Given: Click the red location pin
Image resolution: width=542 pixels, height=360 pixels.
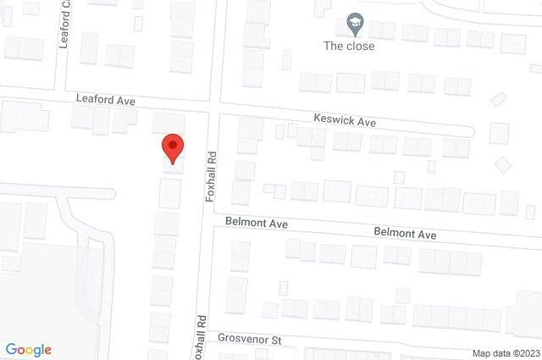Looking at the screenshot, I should click(173, 147).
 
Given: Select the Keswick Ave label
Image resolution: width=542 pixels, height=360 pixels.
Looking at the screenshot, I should click(344, 122).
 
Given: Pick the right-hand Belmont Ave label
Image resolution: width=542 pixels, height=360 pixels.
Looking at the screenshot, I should click(405, 233).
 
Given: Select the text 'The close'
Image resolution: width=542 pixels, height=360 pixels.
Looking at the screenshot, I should click(349, 46).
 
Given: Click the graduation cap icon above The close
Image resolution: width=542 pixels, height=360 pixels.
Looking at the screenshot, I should click(355, 25).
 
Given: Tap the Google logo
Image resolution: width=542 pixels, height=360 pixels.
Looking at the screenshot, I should click(28, 350).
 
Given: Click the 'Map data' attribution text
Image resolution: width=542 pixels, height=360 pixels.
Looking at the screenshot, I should click(492, 353).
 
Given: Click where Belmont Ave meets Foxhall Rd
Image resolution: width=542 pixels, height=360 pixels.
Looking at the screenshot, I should click(206, 220).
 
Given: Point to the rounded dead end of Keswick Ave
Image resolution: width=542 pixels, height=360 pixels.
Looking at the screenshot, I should click(469, 130).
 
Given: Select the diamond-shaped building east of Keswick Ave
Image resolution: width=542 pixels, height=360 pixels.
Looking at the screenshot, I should click(504, 163).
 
